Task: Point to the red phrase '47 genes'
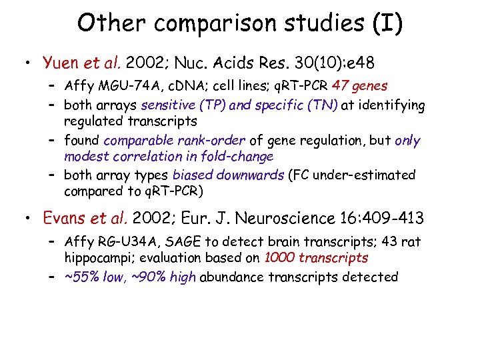360,86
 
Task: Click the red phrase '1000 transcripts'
316,258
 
